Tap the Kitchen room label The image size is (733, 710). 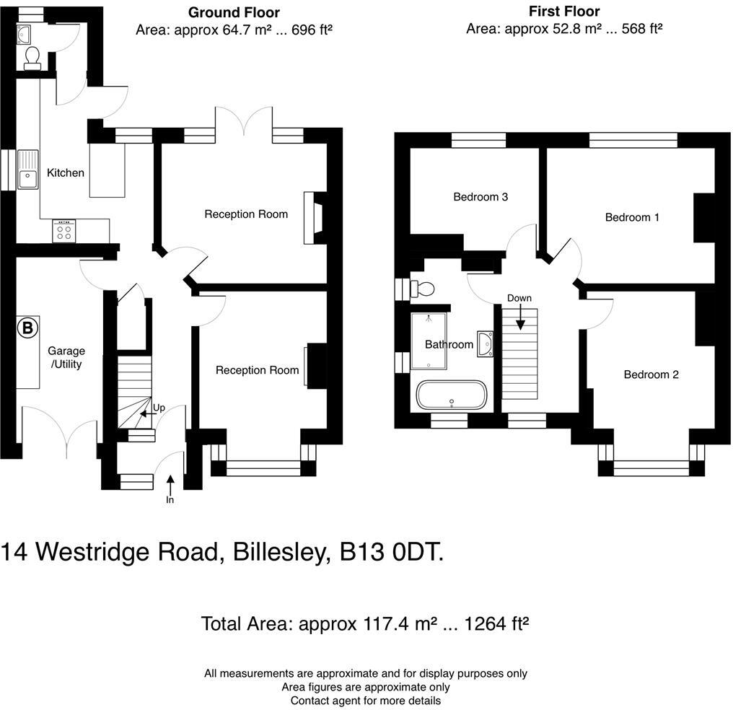(66, 173)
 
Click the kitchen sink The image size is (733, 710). (28, 169)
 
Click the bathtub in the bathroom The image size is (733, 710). (452, 396)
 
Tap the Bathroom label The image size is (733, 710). (449, 345)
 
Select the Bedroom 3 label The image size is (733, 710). (480, 197)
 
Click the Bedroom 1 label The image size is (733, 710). (632, 217)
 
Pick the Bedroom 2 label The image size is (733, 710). (651, 374)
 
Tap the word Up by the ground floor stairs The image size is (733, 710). (159, 408)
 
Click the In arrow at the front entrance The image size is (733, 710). (170, 486)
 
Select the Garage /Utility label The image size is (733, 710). (66, 357)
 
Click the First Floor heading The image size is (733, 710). (563, 12)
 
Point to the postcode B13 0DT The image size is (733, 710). (392, 553)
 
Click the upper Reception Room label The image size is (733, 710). (246, 214)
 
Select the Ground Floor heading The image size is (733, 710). (234, 12)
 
